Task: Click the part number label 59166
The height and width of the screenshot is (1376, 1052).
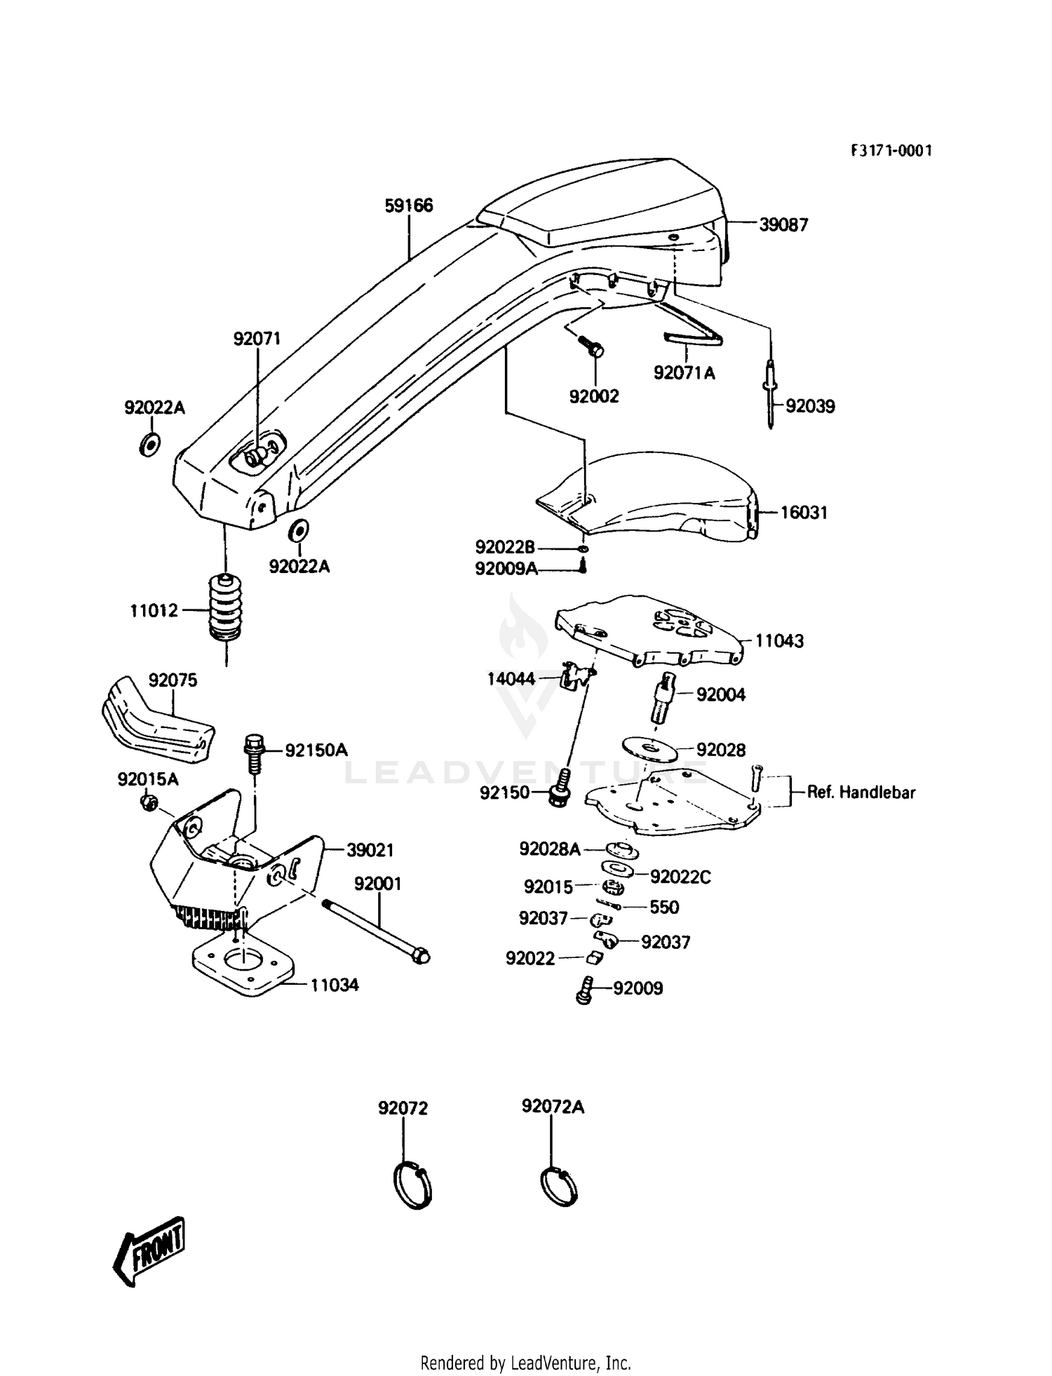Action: click(409, 205)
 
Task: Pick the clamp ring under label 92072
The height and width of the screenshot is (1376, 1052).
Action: click(412, 1186)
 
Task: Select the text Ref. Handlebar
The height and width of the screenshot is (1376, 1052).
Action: click(861, 792)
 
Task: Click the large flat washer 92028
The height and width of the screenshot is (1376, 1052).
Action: click(649, 750)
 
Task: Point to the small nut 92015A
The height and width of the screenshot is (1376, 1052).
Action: click(147, 802)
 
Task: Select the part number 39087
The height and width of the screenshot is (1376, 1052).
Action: click(783, 224)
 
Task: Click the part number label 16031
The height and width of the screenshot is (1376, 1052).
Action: click(804, 513)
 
